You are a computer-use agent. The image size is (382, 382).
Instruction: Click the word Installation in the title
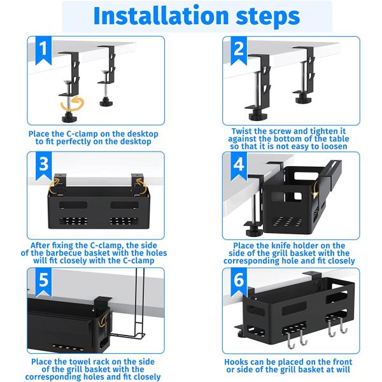click(x=161, y=16)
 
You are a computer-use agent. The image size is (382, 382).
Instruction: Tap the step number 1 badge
click(x=43, y=50)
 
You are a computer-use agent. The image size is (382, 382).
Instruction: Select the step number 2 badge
click(x=239, y=50)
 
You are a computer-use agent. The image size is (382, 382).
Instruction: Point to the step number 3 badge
click(x=43, y=166)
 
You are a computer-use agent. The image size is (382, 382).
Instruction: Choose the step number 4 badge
click(x=239, y=166)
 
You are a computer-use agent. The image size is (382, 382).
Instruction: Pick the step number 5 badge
click(x=43, y=282)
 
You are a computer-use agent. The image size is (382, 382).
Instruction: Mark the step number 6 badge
click(x=239, y=282)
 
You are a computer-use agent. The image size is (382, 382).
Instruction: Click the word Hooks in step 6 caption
click(x=237, y=362)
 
